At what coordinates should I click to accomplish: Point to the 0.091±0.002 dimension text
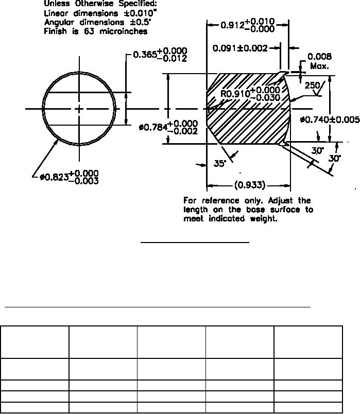click(241, 48)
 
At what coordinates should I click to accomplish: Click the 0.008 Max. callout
click(319, 61)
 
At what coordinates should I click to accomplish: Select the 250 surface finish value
click(313, 86)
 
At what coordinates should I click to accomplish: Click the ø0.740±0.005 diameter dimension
click(330, 120)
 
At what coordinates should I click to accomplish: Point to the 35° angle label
click(220, 164)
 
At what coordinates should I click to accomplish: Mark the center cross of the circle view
click(79, 109)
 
